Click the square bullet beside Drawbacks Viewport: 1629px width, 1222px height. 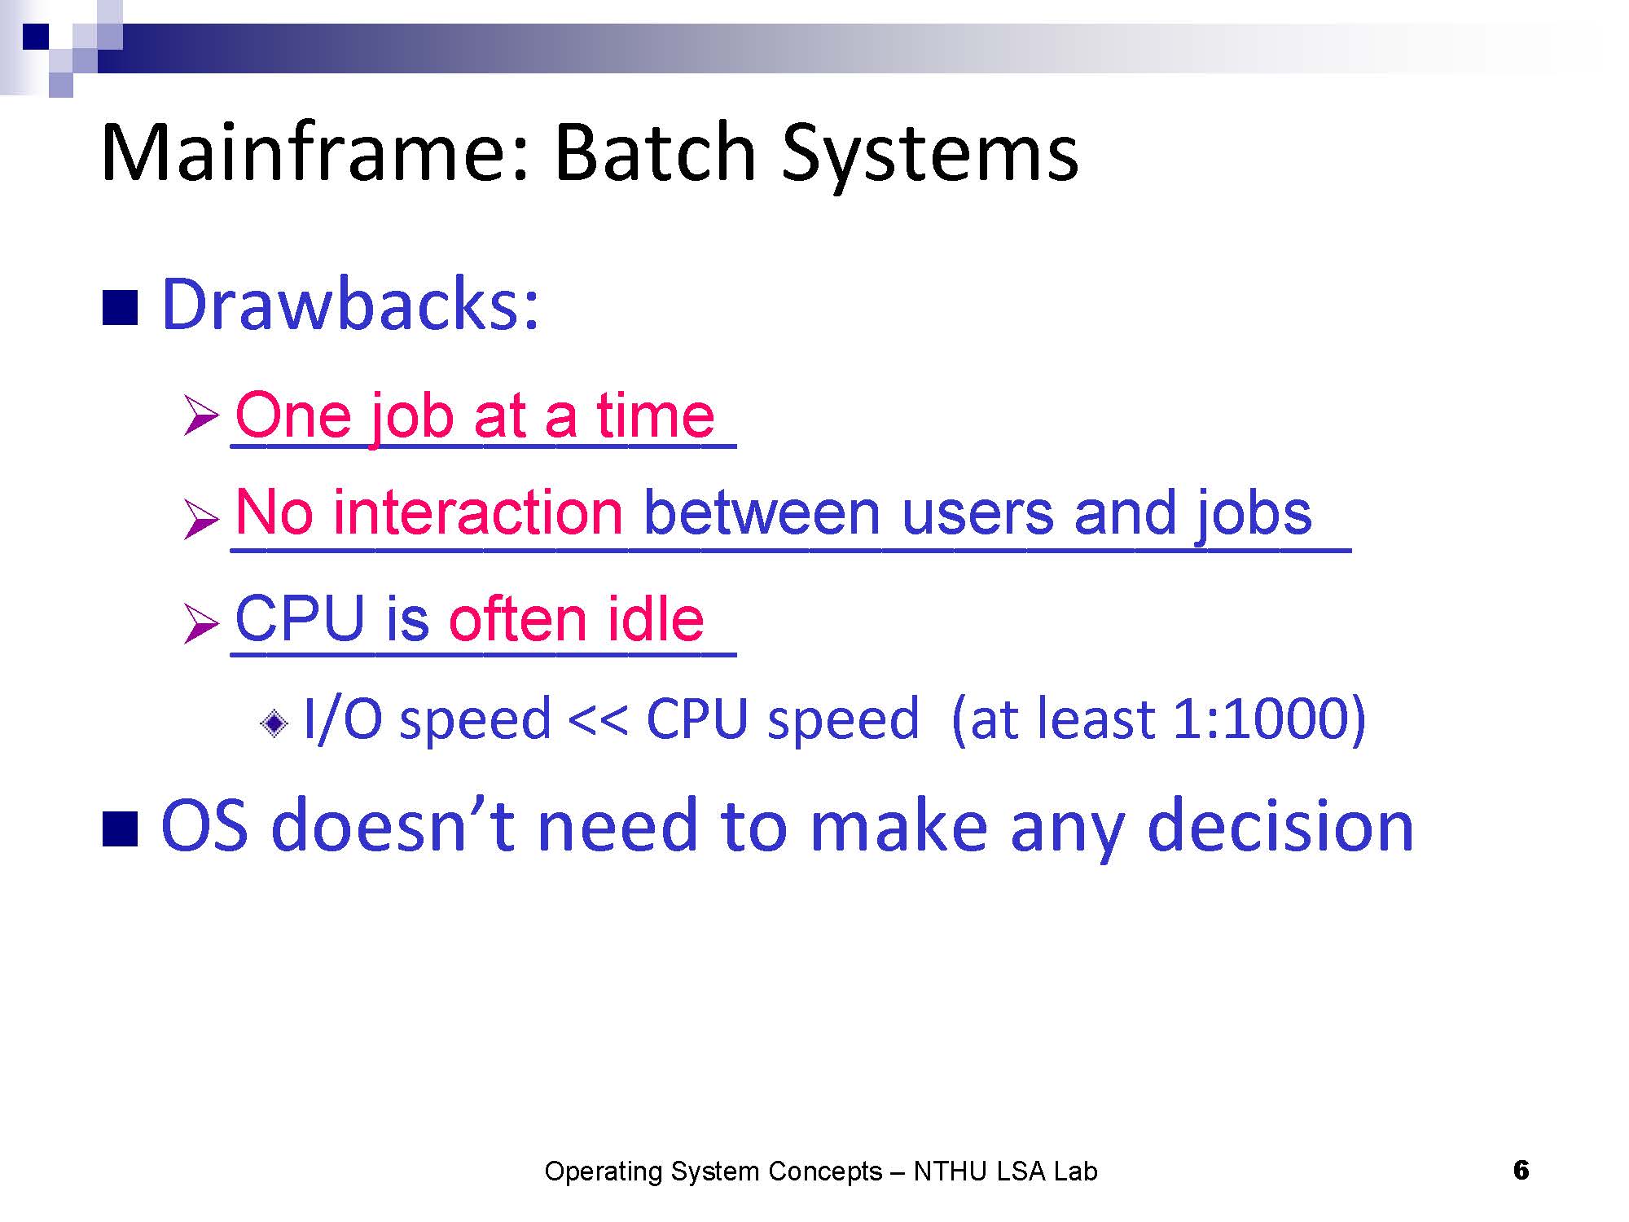coord(120,308)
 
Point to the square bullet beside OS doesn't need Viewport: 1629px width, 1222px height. coord(120,829)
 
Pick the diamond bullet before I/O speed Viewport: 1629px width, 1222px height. coord(274,722)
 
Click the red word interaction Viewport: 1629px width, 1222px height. coord(478,512)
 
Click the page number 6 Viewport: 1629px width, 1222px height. coord(1521,1171)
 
